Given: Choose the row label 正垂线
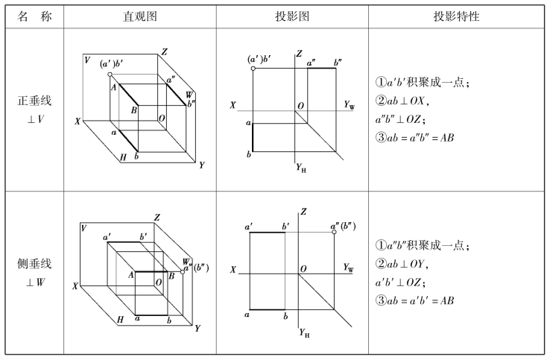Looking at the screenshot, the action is point(35,101).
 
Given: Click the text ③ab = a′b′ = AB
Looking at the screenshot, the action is point(417,300).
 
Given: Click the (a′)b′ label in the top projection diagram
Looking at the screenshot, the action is point(261,58).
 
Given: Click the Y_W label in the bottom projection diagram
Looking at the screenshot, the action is point(348,266).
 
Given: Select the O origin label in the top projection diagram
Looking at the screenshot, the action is point(301,107).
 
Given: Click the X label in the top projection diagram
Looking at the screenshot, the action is point(233,106).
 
